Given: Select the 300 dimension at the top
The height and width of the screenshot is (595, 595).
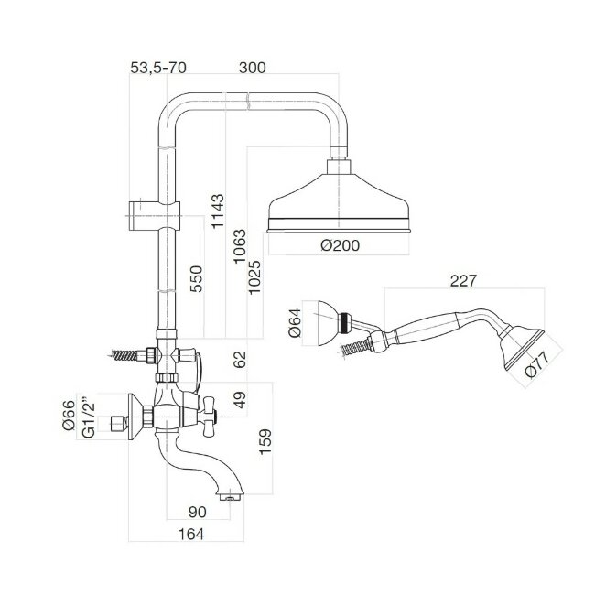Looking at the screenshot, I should coord(253,69).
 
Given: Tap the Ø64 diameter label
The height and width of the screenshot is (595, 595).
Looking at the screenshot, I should coord(295,324).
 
